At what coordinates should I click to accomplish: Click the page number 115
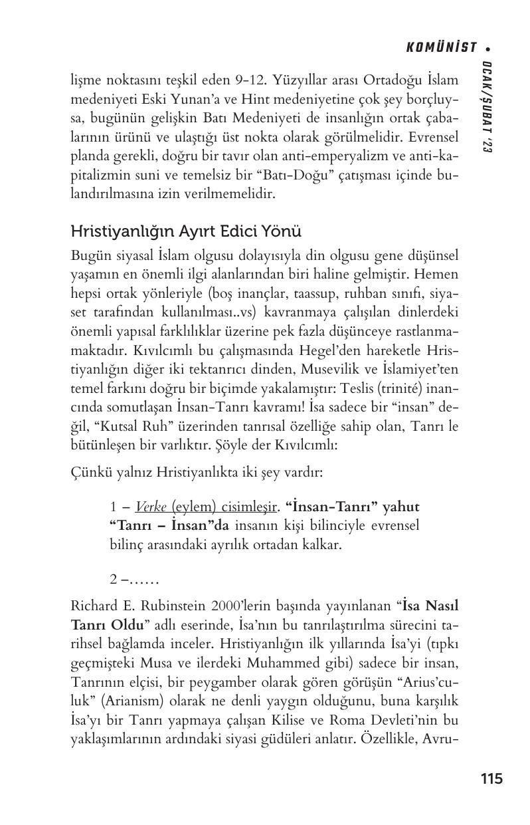(491, 778)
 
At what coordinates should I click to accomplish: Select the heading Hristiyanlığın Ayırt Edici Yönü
(186, 232)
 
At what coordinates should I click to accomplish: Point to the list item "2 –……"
(134, 579)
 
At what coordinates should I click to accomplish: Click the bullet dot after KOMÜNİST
(487, 48)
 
